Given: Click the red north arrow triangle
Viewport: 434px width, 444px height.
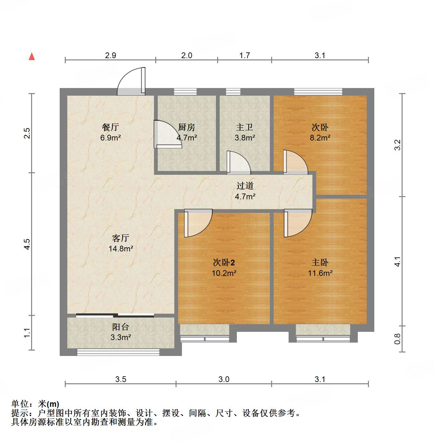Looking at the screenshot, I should (x=32, y=56).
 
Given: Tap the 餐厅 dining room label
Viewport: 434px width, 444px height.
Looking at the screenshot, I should (x=110, y=127).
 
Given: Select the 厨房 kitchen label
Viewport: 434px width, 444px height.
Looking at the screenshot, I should (x=186, y=127).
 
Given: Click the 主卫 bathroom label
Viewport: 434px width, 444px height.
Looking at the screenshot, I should (x=244, y=127).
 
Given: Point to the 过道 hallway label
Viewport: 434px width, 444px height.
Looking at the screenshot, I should (x=245, y=186).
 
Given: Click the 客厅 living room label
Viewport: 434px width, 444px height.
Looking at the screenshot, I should (x=121, y=238).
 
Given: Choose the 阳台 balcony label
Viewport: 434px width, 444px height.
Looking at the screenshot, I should (x=121, y=327).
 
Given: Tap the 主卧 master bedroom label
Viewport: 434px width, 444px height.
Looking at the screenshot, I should (x=320, y=262).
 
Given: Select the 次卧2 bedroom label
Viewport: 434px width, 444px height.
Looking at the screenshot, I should (x=224, y=262).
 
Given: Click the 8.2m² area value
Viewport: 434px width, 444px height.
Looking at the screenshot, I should (x=320, y=138).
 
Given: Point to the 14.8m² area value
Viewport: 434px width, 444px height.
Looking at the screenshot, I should (x=121, y=249).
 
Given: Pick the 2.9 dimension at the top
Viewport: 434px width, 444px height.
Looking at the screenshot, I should (x=110, y=55).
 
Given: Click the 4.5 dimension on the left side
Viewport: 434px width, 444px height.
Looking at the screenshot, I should (x=27, y=244).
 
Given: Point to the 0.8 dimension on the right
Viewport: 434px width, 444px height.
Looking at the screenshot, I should (x=397, y=339).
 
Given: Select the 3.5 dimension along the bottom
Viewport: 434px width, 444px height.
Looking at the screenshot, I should (x=121, y=379).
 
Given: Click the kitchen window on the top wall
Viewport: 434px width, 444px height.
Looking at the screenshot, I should (x=185, y=92).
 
